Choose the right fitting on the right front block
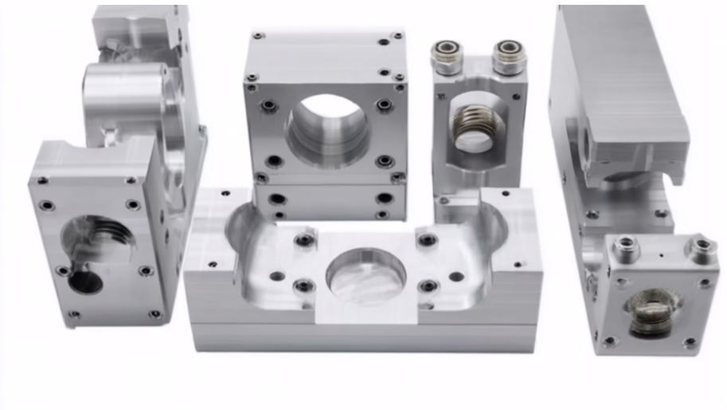click(701, 246)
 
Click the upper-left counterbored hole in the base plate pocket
click(304, 240)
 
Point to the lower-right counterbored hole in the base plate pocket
click(428, 286)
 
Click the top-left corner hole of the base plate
click(225, 193)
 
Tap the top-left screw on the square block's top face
click(258, 36)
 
